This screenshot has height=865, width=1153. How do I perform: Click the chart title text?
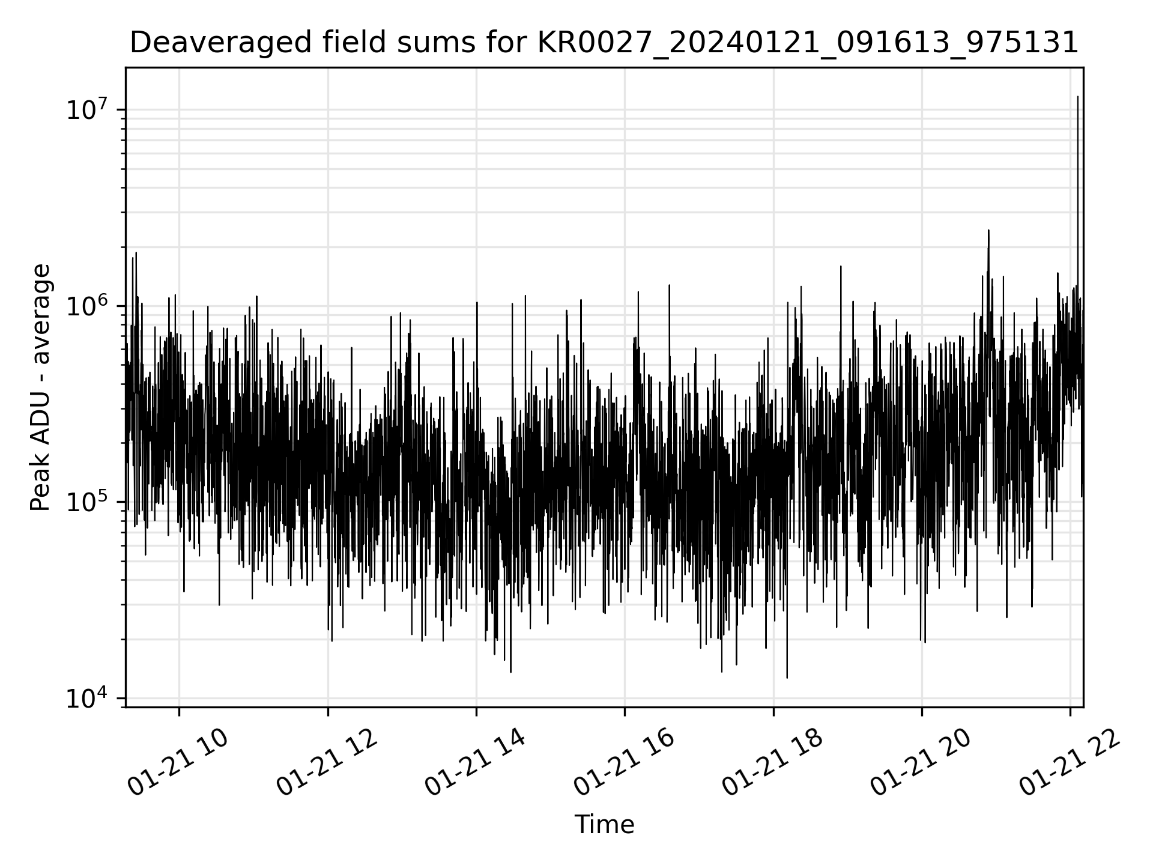604,43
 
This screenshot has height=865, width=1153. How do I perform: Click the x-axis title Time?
604,825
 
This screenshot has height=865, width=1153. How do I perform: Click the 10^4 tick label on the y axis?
91,699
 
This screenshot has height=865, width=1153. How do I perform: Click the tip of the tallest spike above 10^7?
1078,96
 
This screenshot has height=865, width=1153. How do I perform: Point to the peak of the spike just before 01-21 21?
988,230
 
